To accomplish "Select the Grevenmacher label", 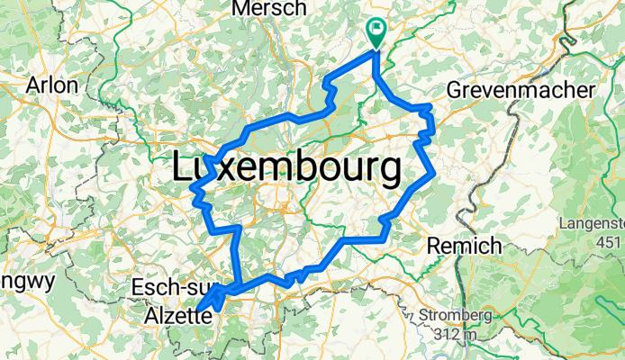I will pyautogui.click(x=520, y=91).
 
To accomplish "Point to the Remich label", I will pyautogui.click(x=464, y=246).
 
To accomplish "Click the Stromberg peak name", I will pyautogui.click(x=455, y=316).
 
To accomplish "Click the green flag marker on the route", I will pyautogui.click(x=376, y=31).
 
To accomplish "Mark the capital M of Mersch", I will pyautogui.click(x=240, y=8).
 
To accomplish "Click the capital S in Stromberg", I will pyautogui.click(x=424, y=316).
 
